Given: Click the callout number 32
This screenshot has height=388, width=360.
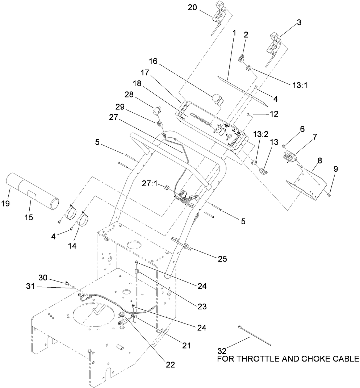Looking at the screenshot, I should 222,351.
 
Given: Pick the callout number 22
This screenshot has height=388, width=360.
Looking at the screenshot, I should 169,365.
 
